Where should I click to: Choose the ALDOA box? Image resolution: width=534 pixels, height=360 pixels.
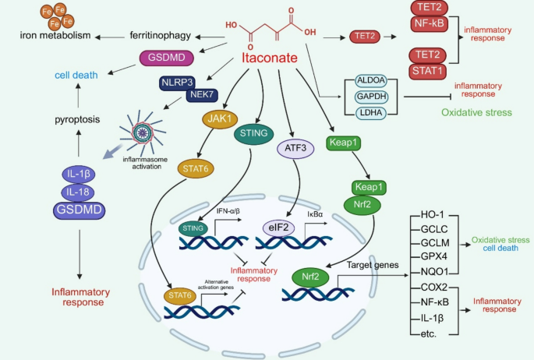(x=370, y=80)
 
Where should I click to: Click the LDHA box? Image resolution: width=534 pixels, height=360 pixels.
(x=370, y=113)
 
